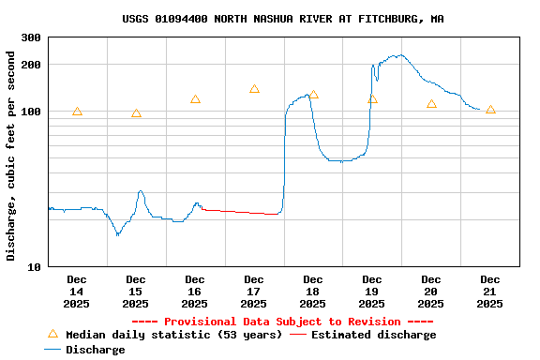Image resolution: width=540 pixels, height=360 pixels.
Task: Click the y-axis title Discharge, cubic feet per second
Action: point(11,156)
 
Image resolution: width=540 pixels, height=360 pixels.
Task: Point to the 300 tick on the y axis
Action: point(31,37)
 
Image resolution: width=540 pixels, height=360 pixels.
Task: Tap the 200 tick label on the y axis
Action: point(31,65)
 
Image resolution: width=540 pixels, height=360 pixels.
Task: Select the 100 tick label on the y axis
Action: point(31,112)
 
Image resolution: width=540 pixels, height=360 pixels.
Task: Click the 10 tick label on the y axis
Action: point(34,267)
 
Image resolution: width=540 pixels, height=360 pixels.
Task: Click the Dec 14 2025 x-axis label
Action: point(77,291)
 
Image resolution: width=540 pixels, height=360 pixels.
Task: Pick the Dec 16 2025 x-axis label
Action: point(195,291)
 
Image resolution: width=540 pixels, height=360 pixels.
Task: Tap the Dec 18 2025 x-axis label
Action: point(313,291)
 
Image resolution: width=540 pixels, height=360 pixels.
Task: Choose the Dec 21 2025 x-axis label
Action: point(490,291)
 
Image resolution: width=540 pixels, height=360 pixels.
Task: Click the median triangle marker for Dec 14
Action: point(77,112)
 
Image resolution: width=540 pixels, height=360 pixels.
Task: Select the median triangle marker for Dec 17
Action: point(254,89)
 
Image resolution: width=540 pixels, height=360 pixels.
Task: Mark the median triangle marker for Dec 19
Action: point(372,98)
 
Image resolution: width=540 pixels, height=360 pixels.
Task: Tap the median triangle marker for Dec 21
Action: point(490,110)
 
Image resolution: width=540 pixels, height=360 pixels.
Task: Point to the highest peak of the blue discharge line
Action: point(400,55)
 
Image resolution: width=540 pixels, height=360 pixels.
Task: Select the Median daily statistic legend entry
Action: point(164,335)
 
